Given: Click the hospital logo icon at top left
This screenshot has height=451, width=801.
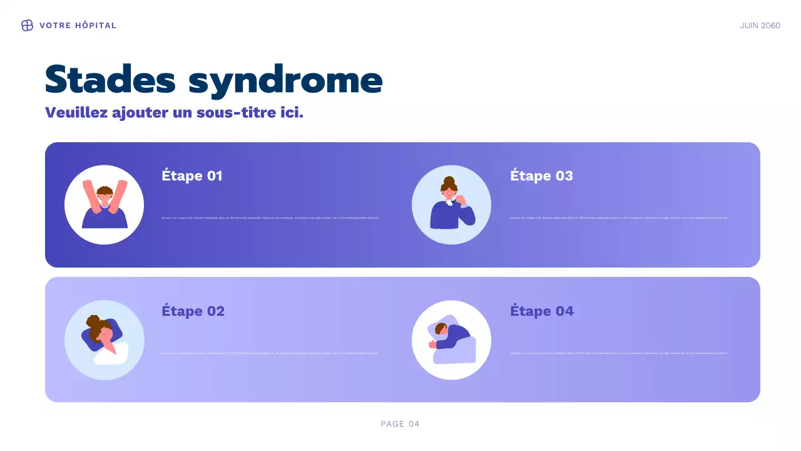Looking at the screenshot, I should tap(27, 26).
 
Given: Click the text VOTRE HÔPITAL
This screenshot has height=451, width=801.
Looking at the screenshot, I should tap(78, 26).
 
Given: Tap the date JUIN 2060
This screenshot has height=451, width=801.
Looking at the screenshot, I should tap(760, 26).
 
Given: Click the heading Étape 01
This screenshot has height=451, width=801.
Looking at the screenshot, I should tap(192, 176).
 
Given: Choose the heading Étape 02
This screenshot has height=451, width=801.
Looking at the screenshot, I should tap(193, 311).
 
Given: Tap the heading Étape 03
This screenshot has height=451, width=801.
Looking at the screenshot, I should tap(541, 176).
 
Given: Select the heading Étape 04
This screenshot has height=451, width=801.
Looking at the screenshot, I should tap(541, 311).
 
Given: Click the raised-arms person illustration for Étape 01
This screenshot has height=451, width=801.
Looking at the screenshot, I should tap(105, 205).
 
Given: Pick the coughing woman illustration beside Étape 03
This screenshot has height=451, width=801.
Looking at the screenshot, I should tap(451, 205).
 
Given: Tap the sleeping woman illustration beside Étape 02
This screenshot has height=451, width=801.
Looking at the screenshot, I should tap(105, 340).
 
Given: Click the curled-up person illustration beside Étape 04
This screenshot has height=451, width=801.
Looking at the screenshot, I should tap(451, 340).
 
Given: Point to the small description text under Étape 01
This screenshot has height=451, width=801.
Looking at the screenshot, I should tap(270, 218).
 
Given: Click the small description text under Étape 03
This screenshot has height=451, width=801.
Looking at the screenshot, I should tap(618, 218).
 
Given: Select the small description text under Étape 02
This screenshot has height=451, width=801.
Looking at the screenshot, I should tap(270, 353).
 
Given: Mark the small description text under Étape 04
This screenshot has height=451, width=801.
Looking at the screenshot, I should tap(618, 353).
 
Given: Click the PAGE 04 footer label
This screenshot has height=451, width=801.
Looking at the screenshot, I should tap(400, 424).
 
